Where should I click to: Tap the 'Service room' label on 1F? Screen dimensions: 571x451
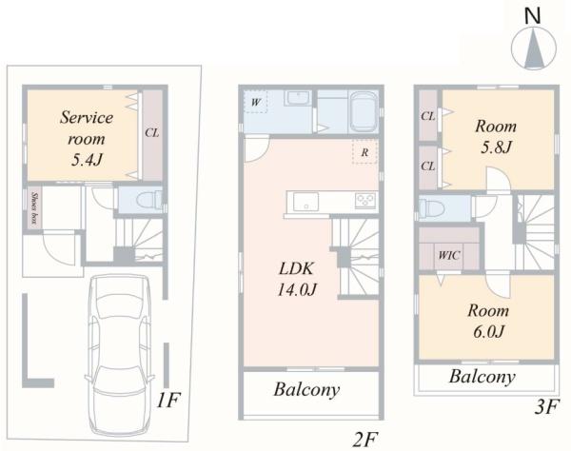[x=87, y=127]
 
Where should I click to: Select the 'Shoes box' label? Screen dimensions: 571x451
[x=35, y=207]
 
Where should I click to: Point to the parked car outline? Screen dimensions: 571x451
[x=120, y=355]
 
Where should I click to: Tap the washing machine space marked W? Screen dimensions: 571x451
[x=256, y=102]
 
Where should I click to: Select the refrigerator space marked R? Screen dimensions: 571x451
[x=364, y=152]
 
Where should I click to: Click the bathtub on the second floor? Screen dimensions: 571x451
[x=364, y=112]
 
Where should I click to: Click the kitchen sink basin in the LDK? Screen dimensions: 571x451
[x=305, y=202]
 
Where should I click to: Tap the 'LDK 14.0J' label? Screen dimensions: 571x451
[x=297, y=279]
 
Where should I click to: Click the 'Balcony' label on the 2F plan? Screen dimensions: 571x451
[x=306, y=390]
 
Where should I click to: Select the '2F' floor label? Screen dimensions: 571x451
[x=364, y=441]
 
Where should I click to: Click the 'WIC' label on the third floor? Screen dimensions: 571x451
[x=449, y=255]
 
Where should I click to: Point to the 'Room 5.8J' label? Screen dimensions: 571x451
[x=496, y=136]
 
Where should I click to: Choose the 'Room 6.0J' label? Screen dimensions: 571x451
[x=488, y=321]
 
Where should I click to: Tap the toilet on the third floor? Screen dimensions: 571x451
[x=431, y=209]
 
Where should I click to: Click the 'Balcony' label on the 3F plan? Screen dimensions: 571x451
[x=482, y=377]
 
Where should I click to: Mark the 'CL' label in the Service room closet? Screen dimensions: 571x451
[x=152, y=132]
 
